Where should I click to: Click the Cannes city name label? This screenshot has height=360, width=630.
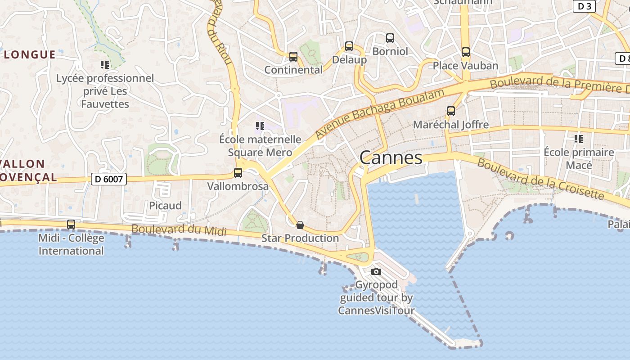coord(391,157)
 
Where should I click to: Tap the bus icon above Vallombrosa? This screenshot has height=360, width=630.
coord(238,173)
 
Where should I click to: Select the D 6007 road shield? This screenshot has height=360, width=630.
coord(109,179)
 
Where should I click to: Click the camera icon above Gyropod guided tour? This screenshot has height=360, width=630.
coord(376,271)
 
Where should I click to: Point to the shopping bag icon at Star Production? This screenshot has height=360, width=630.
coord(300,225)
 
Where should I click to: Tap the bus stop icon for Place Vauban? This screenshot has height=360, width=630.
coord(466,52)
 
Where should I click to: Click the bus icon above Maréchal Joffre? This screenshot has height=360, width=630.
coord(450,111)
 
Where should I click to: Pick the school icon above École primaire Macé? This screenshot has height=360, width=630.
coord(578,139)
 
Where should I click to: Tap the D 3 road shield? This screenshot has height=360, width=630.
coord(584,6)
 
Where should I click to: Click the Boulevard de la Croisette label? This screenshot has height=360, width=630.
coord(540,179)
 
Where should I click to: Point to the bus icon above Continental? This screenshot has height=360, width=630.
coord(293,57)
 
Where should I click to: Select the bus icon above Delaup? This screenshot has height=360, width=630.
coord(349,46)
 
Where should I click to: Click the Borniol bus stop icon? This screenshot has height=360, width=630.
coord(390,38)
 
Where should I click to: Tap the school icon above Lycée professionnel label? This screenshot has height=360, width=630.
coord(105,65)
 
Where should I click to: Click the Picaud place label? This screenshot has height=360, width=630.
coord(166,206)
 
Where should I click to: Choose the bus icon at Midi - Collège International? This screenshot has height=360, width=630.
coord(71,225)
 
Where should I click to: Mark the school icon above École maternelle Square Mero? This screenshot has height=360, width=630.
coord(260,126)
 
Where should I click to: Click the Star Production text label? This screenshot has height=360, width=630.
coord(300,238)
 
